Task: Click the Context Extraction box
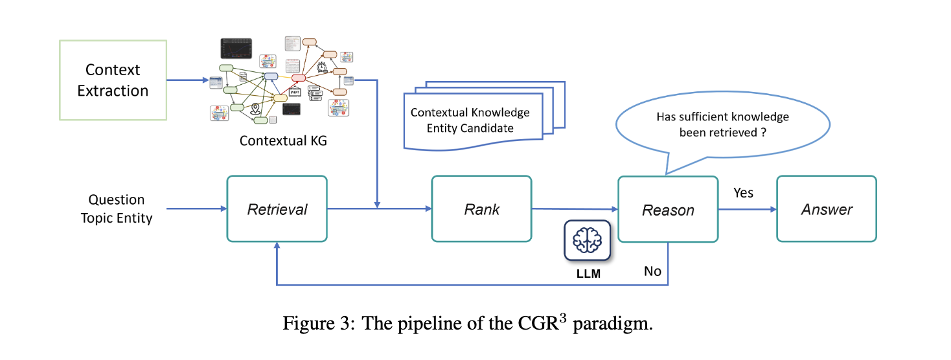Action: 113,80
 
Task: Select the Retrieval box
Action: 277,209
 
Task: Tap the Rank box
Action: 481,209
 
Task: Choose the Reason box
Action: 668,210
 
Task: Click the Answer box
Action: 827,209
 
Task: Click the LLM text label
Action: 588,273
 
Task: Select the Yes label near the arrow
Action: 743,193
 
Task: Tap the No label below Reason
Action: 652,271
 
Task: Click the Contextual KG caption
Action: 283,140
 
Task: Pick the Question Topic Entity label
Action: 117,208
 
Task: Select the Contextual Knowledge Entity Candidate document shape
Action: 471,119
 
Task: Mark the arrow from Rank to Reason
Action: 574,209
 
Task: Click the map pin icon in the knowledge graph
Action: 255,110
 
